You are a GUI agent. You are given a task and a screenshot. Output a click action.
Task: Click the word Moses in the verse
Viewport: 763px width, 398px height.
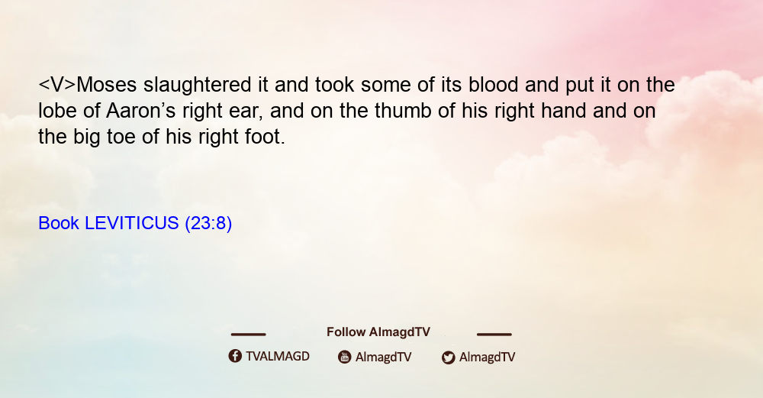tap(107, 85)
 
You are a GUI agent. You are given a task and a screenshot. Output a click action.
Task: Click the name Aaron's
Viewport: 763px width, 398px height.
tap(140, 111)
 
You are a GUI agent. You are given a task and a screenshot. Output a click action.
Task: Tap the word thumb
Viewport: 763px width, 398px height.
tap(402, 111)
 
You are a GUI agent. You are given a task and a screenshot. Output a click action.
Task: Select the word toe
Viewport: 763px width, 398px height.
tap(121, 137)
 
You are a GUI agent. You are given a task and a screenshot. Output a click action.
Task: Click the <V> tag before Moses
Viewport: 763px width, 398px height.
tap(57, 85)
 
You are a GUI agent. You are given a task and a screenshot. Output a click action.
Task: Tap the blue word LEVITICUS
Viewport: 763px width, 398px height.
tap(132, 223)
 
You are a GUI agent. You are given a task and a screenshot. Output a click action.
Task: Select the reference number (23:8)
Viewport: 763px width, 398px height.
tap(208, 224)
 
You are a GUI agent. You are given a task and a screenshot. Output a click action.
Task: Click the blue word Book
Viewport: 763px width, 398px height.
tap(59, 223)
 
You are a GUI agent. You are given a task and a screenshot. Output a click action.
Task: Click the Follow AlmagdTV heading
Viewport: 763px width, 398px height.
tap(378, 332)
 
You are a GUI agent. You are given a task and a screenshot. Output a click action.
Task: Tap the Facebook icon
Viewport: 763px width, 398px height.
tap(235, 356)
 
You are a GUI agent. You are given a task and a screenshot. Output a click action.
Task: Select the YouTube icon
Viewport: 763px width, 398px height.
tap(345, 357)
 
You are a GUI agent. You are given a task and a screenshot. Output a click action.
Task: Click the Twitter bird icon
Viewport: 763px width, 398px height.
tap(449, 358)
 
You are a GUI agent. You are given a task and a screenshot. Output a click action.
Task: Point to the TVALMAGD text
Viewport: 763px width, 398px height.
tap(278, 357)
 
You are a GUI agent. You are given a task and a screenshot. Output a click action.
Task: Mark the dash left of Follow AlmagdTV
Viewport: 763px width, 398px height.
tap(248, 334)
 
